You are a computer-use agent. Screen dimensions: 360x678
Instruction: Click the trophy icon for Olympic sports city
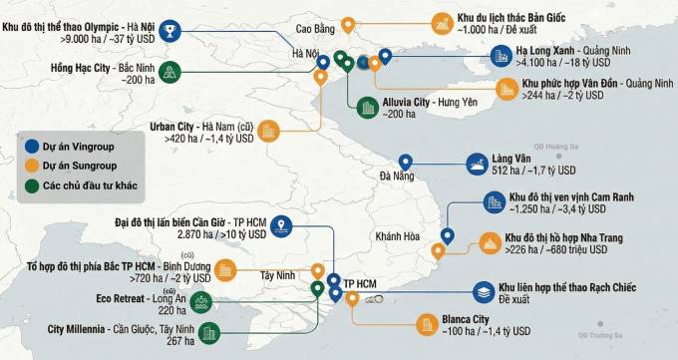click(173, 34)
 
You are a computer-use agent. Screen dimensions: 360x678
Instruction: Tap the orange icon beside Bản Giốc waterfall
click(440, 22)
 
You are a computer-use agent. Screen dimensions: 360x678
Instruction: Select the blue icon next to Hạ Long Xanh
click(472, 56)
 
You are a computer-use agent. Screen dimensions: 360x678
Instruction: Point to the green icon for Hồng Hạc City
click(170, 72)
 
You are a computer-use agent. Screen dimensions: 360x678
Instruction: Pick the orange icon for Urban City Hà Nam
click(270, 133)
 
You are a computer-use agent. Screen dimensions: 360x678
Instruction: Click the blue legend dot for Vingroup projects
click(31, 147)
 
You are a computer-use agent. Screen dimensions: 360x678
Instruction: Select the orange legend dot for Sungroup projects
click(31, 166)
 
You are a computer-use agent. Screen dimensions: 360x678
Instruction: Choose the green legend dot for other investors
click(31, 185)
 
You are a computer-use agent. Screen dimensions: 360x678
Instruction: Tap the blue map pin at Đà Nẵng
click(406, 162)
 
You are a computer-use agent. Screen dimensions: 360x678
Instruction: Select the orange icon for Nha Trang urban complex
click(489, 242)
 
